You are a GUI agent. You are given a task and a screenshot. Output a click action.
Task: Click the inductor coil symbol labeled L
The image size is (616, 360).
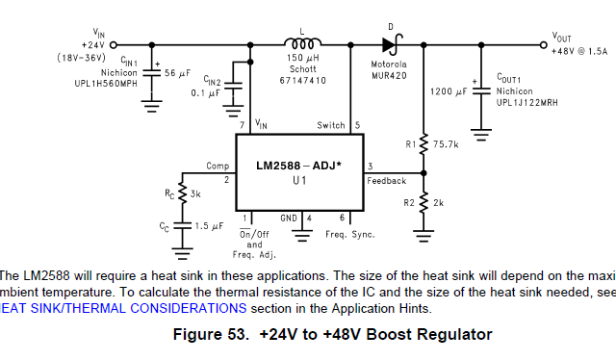[x=301, y=43]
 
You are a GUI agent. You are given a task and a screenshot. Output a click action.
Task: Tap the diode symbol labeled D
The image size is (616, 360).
[x=390, y=43]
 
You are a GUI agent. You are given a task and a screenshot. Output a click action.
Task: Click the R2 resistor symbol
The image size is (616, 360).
[x=423, y=203]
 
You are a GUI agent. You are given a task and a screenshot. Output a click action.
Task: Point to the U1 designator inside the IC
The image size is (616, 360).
[x=299, y=180]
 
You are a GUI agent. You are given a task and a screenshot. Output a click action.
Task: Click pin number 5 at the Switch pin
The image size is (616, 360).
[x=357, y=125]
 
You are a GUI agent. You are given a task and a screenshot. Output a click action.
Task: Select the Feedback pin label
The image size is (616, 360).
[x=386, y=180]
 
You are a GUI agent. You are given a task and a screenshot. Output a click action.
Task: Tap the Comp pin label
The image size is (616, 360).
[x=218, y=166]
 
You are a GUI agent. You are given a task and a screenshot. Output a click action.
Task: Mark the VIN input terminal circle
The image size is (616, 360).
[x=114, y=44]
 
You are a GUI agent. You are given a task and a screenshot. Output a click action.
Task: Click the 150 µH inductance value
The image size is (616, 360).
[x=302, y=59]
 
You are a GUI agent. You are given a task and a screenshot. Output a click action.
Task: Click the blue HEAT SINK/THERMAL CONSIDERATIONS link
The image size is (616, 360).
[x=123, y=308]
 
